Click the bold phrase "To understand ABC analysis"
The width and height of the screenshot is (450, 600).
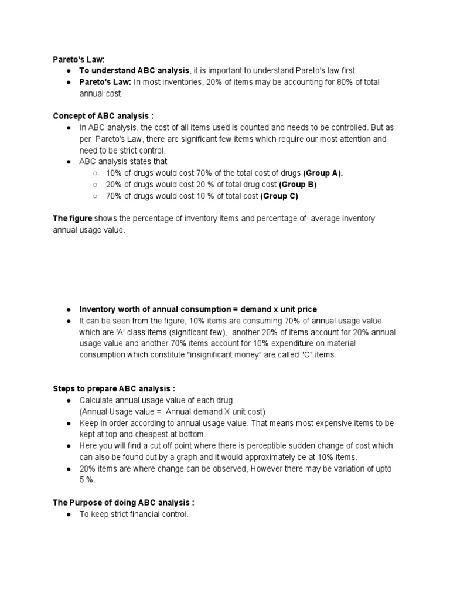click(135, 70)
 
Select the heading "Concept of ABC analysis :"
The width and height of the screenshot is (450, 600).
click(104, 117)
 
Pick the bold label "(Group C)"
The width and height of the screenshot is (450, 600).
click(279, 196)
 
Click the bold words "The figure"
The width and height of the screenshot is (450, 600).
click(73, 219)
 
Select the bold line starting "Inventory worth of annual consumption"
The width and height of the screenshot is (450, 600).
click(198, 309)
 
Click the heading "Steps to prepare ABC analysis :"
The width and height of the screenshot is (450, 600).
click(114, 388)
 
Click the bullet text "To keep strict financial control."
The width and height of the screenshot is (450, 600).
click(134, 514)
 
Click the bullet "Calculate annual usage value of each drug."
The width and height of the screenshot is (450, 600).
click(157, 400)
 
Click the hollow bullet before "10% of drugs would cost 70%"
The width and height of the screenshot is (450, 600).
click(95, 173)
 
